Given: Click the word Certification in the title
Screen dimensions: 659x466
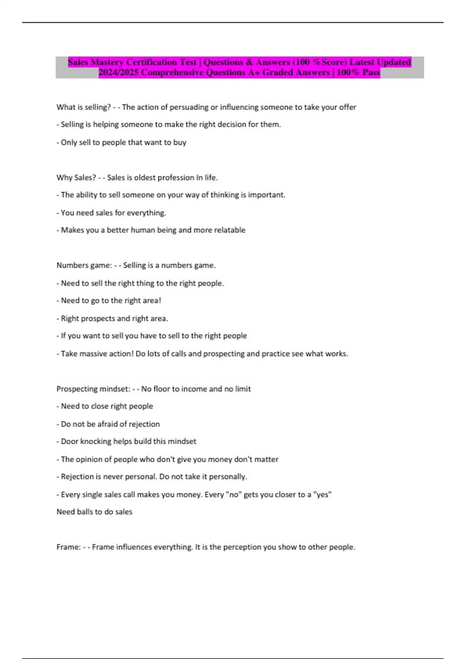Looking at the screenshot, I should [151, 62].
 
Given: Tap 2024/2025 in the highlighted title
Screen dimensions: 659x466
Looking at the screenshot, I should [118, 72].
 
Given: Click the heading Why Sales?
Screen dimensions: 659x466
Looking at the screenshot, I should [76, 178].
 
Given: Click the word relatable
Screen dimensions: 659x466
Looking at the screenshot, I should [230, 230].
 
